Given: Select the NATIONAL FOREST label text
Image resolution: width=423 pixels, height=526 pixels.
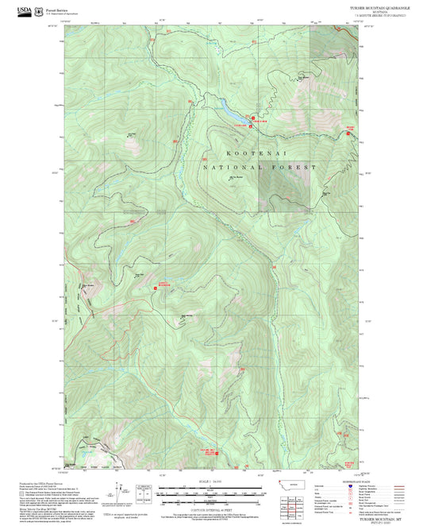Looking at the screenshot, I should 259,168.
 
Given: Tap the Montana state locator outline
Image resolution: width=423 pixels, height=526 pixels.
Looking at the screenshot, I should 287,483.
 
